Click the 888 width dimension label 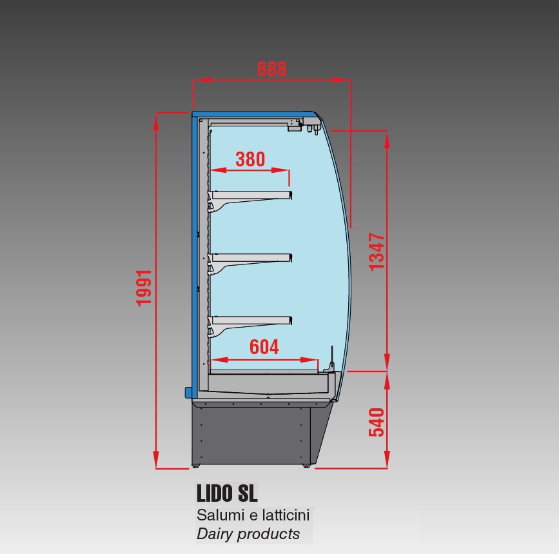(271, 69)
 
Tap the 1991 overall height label (144, 288)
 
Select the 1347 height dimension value (377, 252)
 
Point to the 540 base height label (377, 422)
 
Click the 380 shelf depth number (250, 159)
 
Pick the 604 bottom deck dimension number (264, 347)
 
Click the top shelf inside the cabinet (250, 201)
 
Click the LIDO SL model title (227, 493)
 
